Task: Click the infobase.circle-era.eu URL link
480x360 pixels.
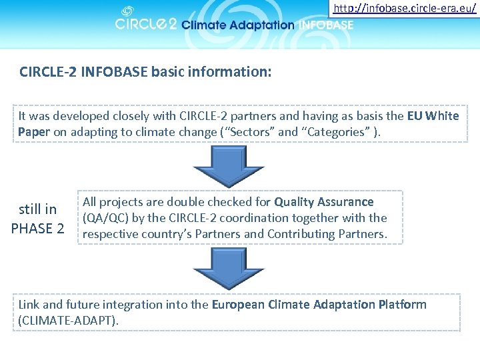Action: (x=405, y=9)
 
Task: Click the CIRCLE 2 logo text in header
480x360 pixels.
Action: (x=145, y=25)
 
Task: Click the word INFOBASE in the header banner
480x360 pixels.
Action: (x=326, y=25)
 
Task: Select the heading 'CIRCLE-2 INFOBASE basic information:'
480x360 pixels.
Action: (x=145, y=71)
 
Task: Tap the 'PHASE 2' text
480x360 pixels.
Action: (x=37, y=228)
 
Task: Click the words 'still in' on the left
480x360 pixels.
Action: (x=37, y=209)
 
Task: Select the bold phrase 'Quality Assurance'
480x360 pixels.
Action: (x=324, y=202)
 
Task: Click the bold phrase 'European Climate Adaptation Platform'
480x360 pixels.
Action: (x=319, y=305)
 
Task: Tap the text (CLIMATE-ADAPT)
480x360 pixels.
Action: (x=69, y=320)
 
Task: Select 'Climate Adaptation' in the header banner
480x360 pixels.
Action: (x=237, y=25)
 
